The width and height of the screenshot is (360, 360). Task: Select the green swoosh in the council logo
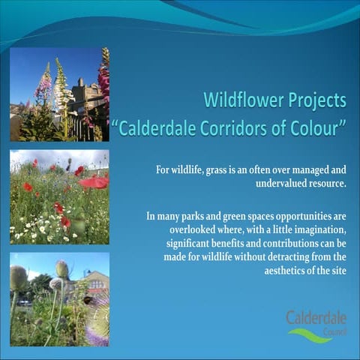click(310, 336)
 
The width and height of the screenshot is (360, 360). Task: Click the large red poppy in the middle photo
click(94, 181)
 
